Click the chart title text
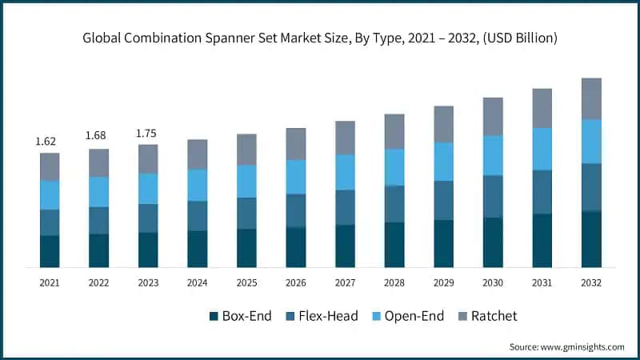click(x=320, y=38)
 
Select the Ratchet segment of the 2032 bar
click(x=591, y=98)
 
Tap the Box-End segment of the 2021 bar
click(x=50, y=250)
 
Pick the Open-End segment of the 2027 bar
click(x=346, y=172)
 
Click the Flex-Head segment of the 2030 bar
click(x=494, y=196)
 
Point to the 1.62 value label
click(x=46, y=142)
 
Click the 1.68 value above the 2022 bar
click(x=97, y=136)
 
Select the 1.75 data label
click(x=147, y=133)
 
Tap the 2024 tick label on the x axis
click(x=197, y=283)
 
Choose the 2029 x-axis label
click(x=444, y=283)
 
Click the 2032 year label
click(x=591, y=283)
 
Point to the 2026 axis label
click(x=296, y=283)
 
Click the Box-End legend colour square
click(x=214, y=317)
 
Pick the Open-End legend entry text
click(x=414, y=316)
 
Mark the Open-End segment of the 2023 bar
click(x=148, y=188)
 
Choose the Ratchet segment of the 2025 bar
click(x=246, y=150)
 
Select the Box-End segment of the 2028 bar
click(x=394, y=244)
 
